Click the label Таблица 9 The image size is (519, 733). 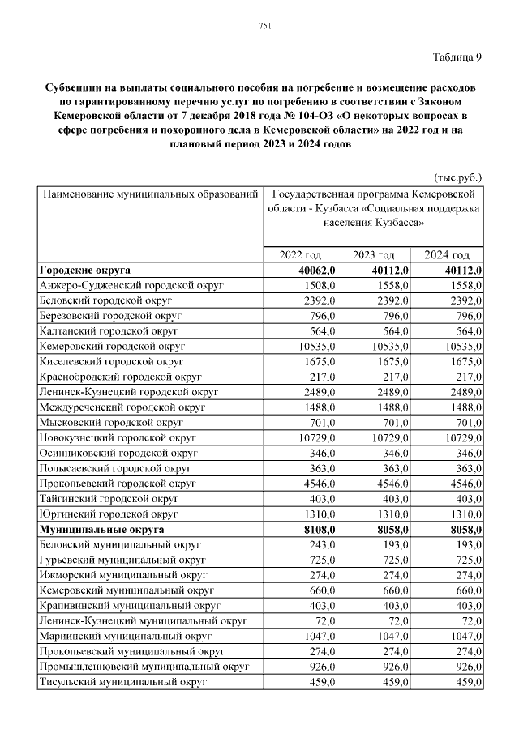457,57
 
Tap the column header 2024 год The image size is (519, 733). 448,254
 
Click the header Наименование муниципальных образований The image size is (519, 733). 150,195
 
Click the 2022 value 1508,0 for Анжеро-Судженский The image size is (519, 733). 318,285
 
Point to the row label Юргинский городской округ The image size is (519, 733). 109,514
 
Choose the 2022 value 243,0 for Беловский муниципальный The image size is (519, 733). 320,544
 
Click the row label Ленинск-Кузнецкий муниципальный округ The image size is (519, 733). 142,620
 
